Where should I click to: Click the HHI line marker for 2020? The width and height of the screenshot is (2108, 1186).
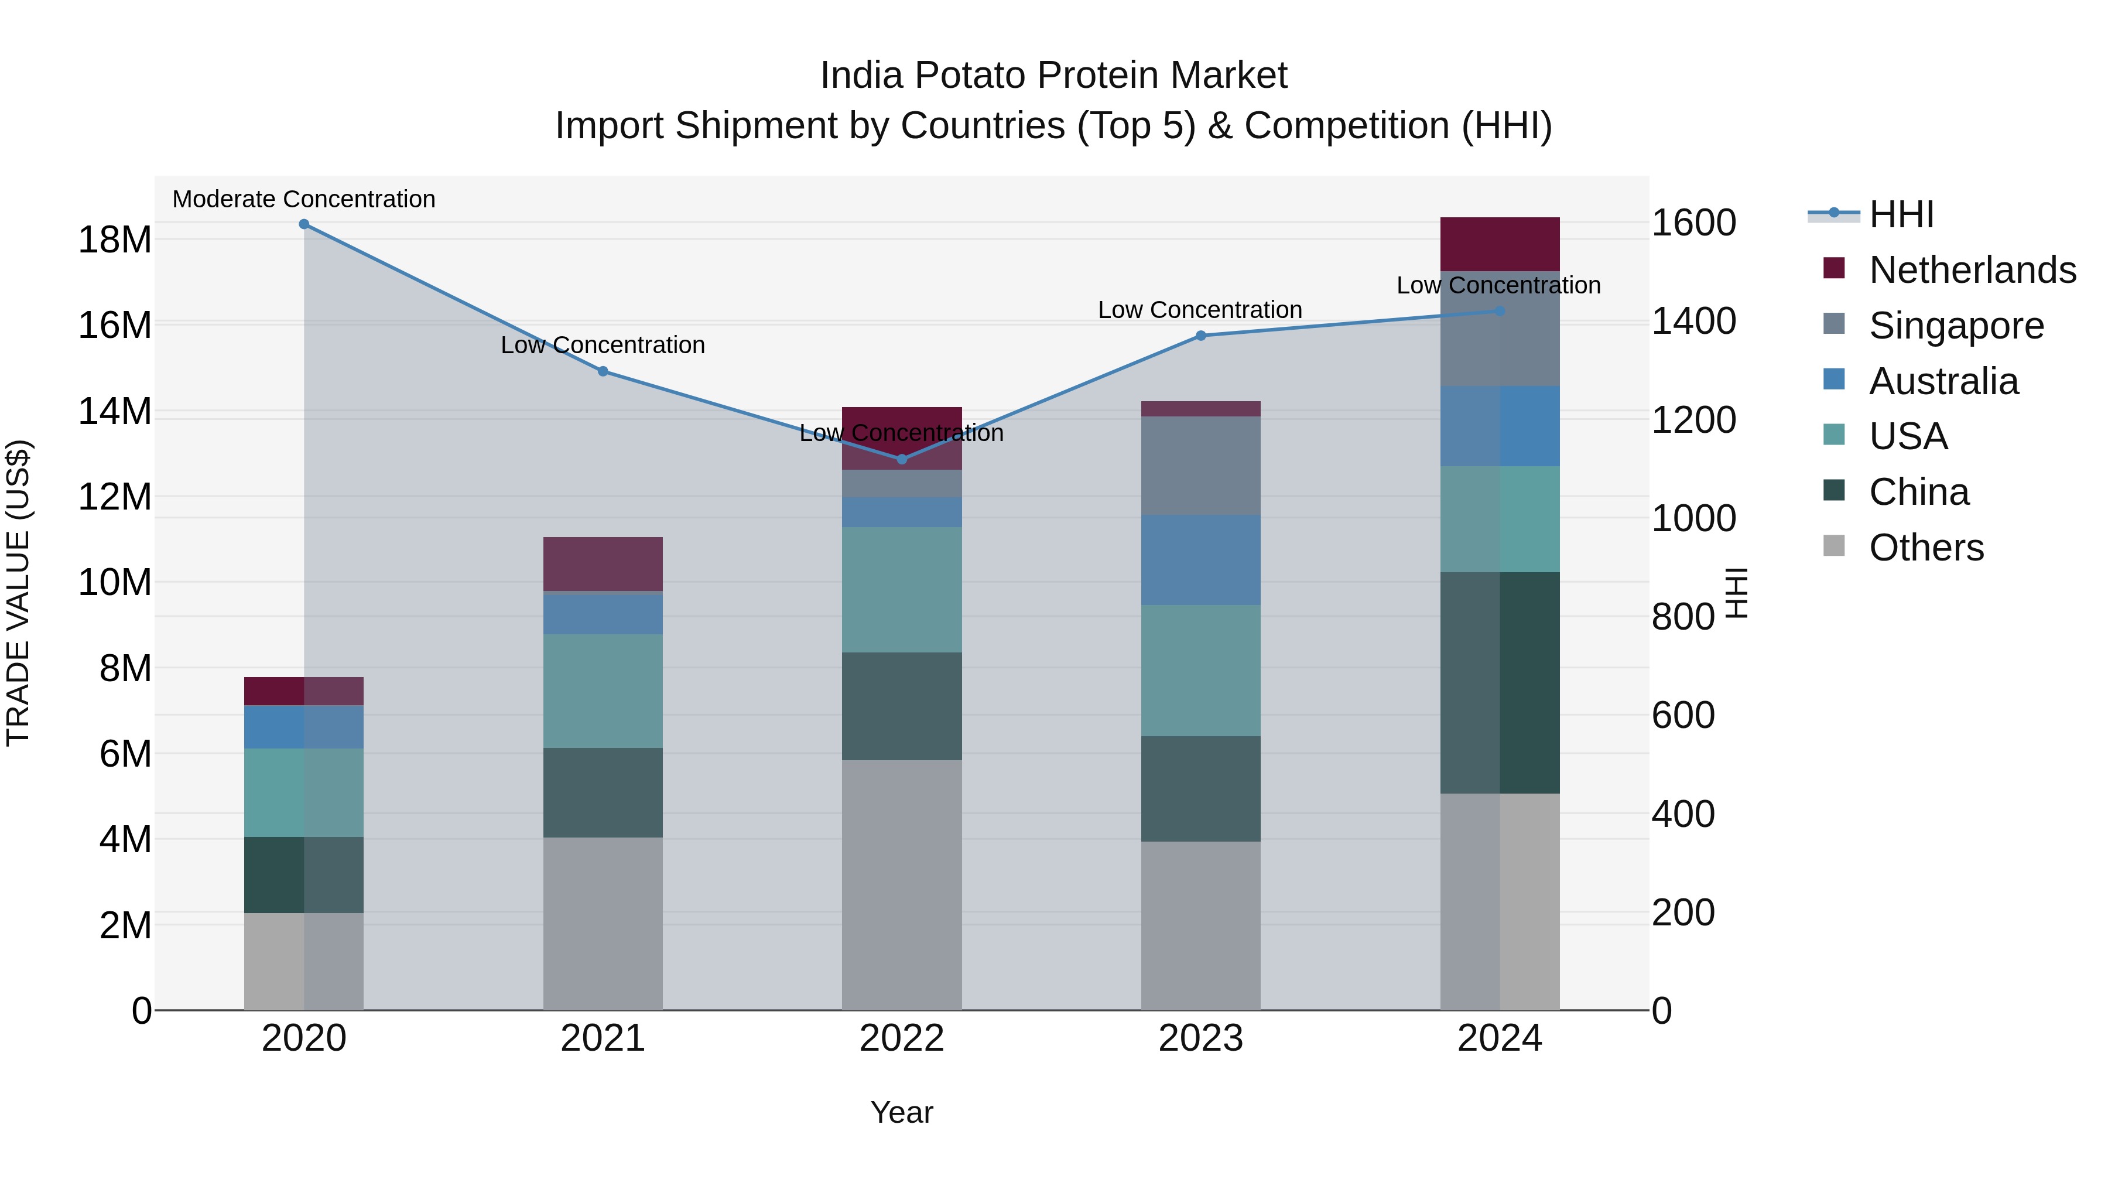click(x=303, y=224)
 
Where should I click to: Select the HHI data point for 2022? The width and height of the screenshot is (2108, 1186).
click(x=902, y=459)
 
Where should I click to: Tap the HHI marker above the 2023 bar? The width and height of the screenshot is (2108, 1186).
click(x=1200, y=336)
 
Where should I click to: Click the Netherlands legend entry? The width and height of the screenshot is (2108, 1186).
click(x=1972, y=270)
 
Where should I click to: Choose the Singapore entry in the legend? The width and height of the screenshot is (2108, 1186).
click(x=1956, y=326)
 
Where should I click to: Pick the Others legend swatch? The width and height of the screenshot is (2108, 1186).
click(x=1835, y=546)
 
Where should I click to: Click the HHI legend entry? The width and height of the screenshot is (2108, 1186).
click(x=1901, y=214)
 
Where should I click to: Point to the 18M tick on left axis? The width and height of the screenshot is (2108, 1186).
click(x=115, y=240)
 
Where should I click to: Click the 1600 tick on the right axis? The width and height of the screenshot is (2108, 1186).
click(x=1693, y=223)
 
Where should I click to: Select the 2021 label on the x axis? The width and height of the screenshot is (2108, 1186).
click(x=603, y=1038)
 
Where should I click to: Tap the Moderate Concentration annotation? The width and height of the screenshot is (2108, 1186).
click(x=303, y=199)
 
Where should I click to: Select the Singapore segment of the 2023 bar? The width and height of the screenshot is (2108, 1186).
click(x=1200, y=466)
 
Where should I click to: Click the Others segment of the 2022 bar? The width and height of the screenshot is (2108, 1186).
click(x=902, y=884)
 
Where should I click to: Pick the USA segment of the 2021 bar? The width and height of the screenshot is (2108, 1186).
click(x=603, y=691)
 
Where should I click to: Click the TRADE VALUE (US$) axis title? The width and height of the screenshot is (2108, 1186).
click(x=18, y=593)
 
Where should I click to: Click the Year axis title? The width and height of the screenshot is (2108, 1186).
click(x=901, y=1112)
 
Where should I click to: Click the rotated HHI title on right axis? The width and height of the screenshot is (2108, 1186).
click(x=1736, y=593)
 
